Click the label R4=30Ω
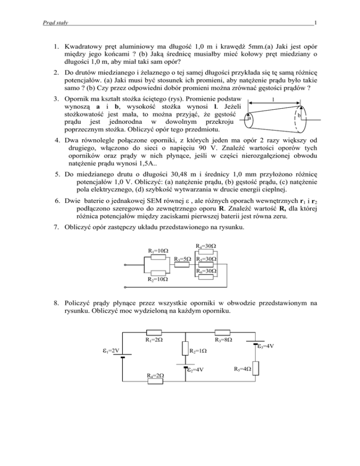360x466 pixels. [x=207, y=246]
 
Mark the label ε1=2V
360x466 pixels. [x=111, y=349]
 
